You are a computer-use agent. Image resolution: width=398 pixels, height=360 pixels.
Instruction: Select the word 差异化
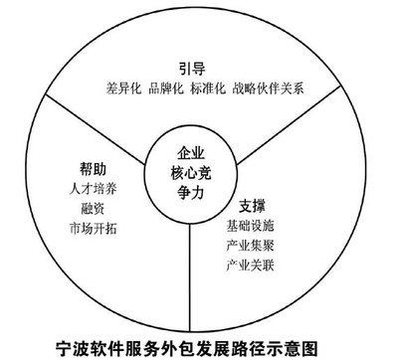(x=121, y=89)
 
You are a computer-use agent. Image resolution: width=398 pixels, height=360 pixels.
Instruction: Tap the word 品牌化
(x=168, y=89)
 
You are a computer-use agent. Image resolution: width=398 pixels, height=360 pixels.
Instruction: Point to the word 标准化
(x=215, y=89)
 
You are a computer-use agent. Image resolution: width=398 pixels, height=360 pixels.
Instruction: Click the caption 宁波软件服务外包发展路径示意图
(x=198, y=345)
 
